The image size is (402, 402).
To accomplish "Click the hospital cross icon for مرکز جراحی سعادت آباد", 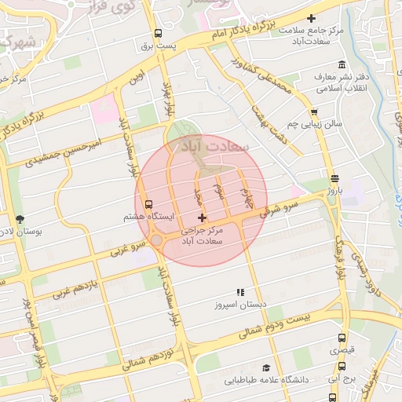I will pos(203,217).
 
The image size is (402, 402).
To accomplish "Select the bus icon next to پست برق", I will pos(159,34).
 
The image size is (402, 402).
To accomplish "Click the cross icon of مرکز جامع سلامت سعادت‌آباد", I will pos(312,18).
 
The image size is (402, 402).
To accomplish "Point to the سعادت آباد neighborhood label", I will pos(214,146).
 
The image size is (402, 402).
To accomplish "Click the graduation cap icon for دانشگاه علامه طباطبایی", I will pos(266,367).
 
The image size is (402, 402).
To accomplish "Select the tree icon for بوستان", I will pos(20,219).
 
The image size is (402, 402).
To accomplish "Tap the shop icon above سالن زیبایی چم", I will pos(314,112).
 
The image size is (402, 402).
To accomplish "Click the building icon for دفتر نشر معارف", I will pos(342,64).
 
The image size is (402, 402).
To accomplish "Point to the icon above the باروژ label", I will pos(335,178).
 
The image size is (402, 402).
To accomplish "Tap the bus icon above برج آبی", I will pos(342,366).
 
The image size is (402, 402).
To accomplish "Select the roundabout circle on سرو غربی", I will pos(156,239).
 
